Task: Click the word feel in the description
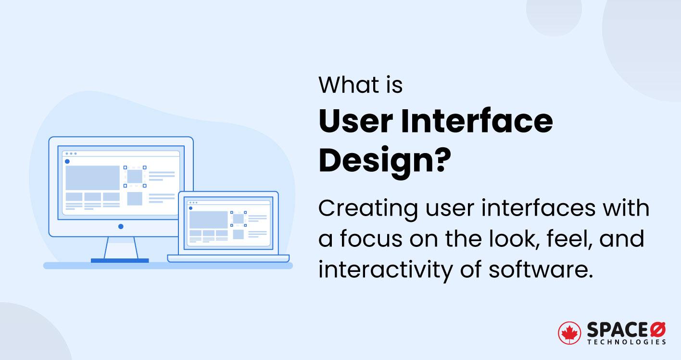tap(572, 239)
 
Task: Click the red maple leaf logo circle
tap(569, 333)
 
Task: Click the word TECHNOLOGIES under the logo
tap(626, 342)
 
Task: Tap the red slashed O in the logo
tap(657, 329)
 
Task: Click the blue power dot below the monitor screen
tap(121, 226)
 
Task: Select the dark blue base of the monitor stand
tap(120, 261)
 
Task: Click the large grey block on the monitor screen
tap(92, 178)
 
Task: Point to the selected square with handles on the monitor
tap(135, 176)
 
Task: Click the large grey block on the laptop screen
tap(208, 219)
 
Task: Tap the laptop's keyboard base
tap(228, 258)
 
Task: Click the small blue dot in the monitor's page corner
tap(67, 161)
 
